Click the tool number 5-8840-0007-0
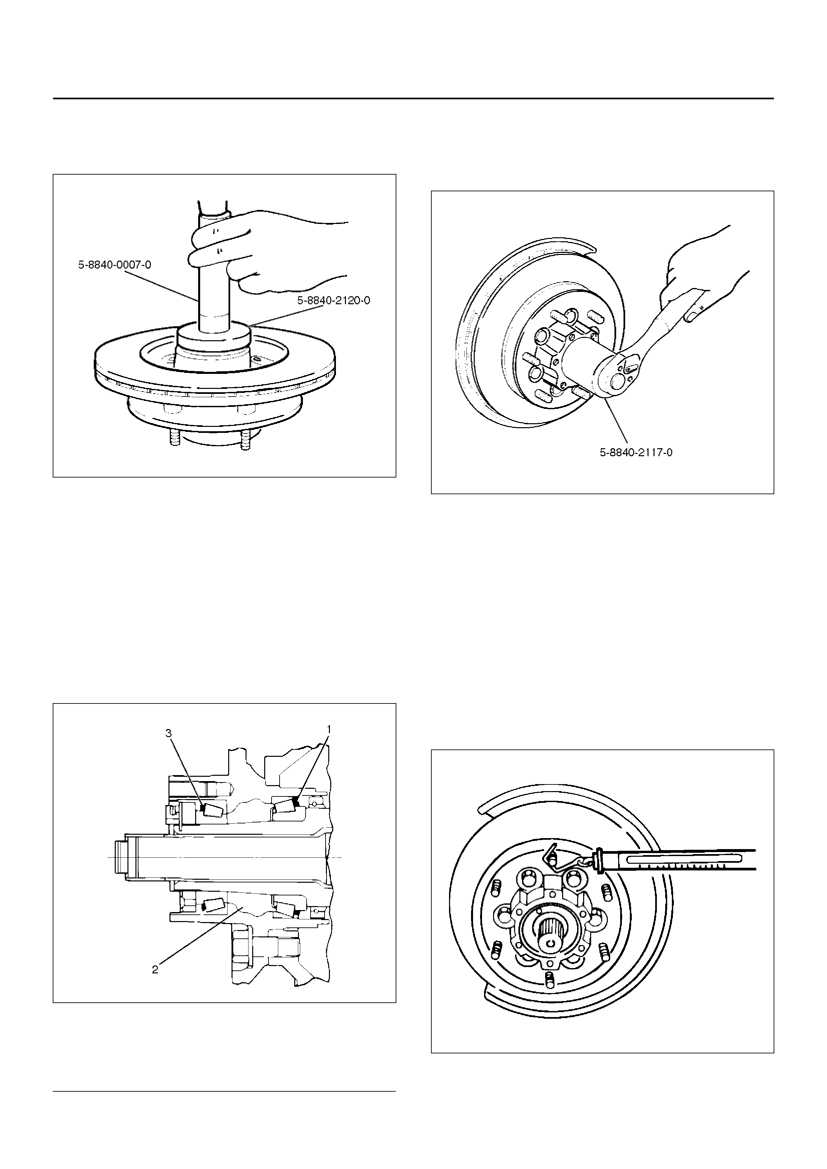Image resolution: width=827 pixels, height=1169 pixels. pyautogui.click(x=115, y=265)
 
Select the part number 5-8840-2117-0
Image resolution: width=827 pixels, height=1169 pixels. pyautogui.click(x=636, y=452)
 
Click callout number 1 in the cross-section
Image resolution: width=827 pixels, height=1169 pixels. pyautogui.click(x=329, y=729)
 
